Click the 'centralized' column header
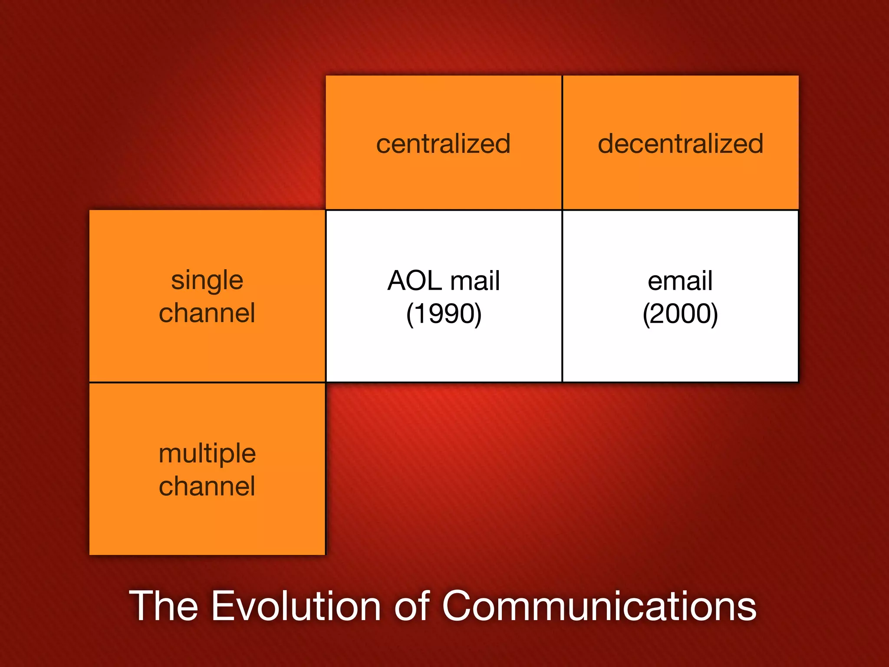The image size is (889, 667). tap(443, 144)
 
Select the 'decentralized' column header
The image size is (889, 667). tap(680, 144)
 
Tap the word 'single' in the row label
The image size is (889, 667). tap(207, 281)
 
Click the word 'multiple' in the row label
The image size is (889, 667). tap(207, 454)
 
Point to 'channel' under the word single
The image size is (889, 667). tap(207, 313)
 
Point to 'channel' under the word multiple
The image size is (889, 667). tap(207, 486)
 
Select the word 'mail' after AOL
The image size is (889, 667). tap(475, 281)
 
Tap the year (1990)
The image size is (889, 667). tap(444, 314)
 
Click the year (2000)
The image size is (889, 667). tap(680, 314)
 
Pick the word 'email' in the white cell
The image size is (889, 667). tap(680, 281)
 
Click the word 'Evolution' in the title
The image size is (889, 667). tap(296, 606)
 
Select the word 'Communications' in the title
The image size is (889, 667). tap(599, 606)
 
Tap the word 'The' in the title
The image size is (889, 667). tap(164, 606)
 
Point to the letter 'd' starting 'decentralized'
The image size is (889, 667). tap(606, 144)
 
